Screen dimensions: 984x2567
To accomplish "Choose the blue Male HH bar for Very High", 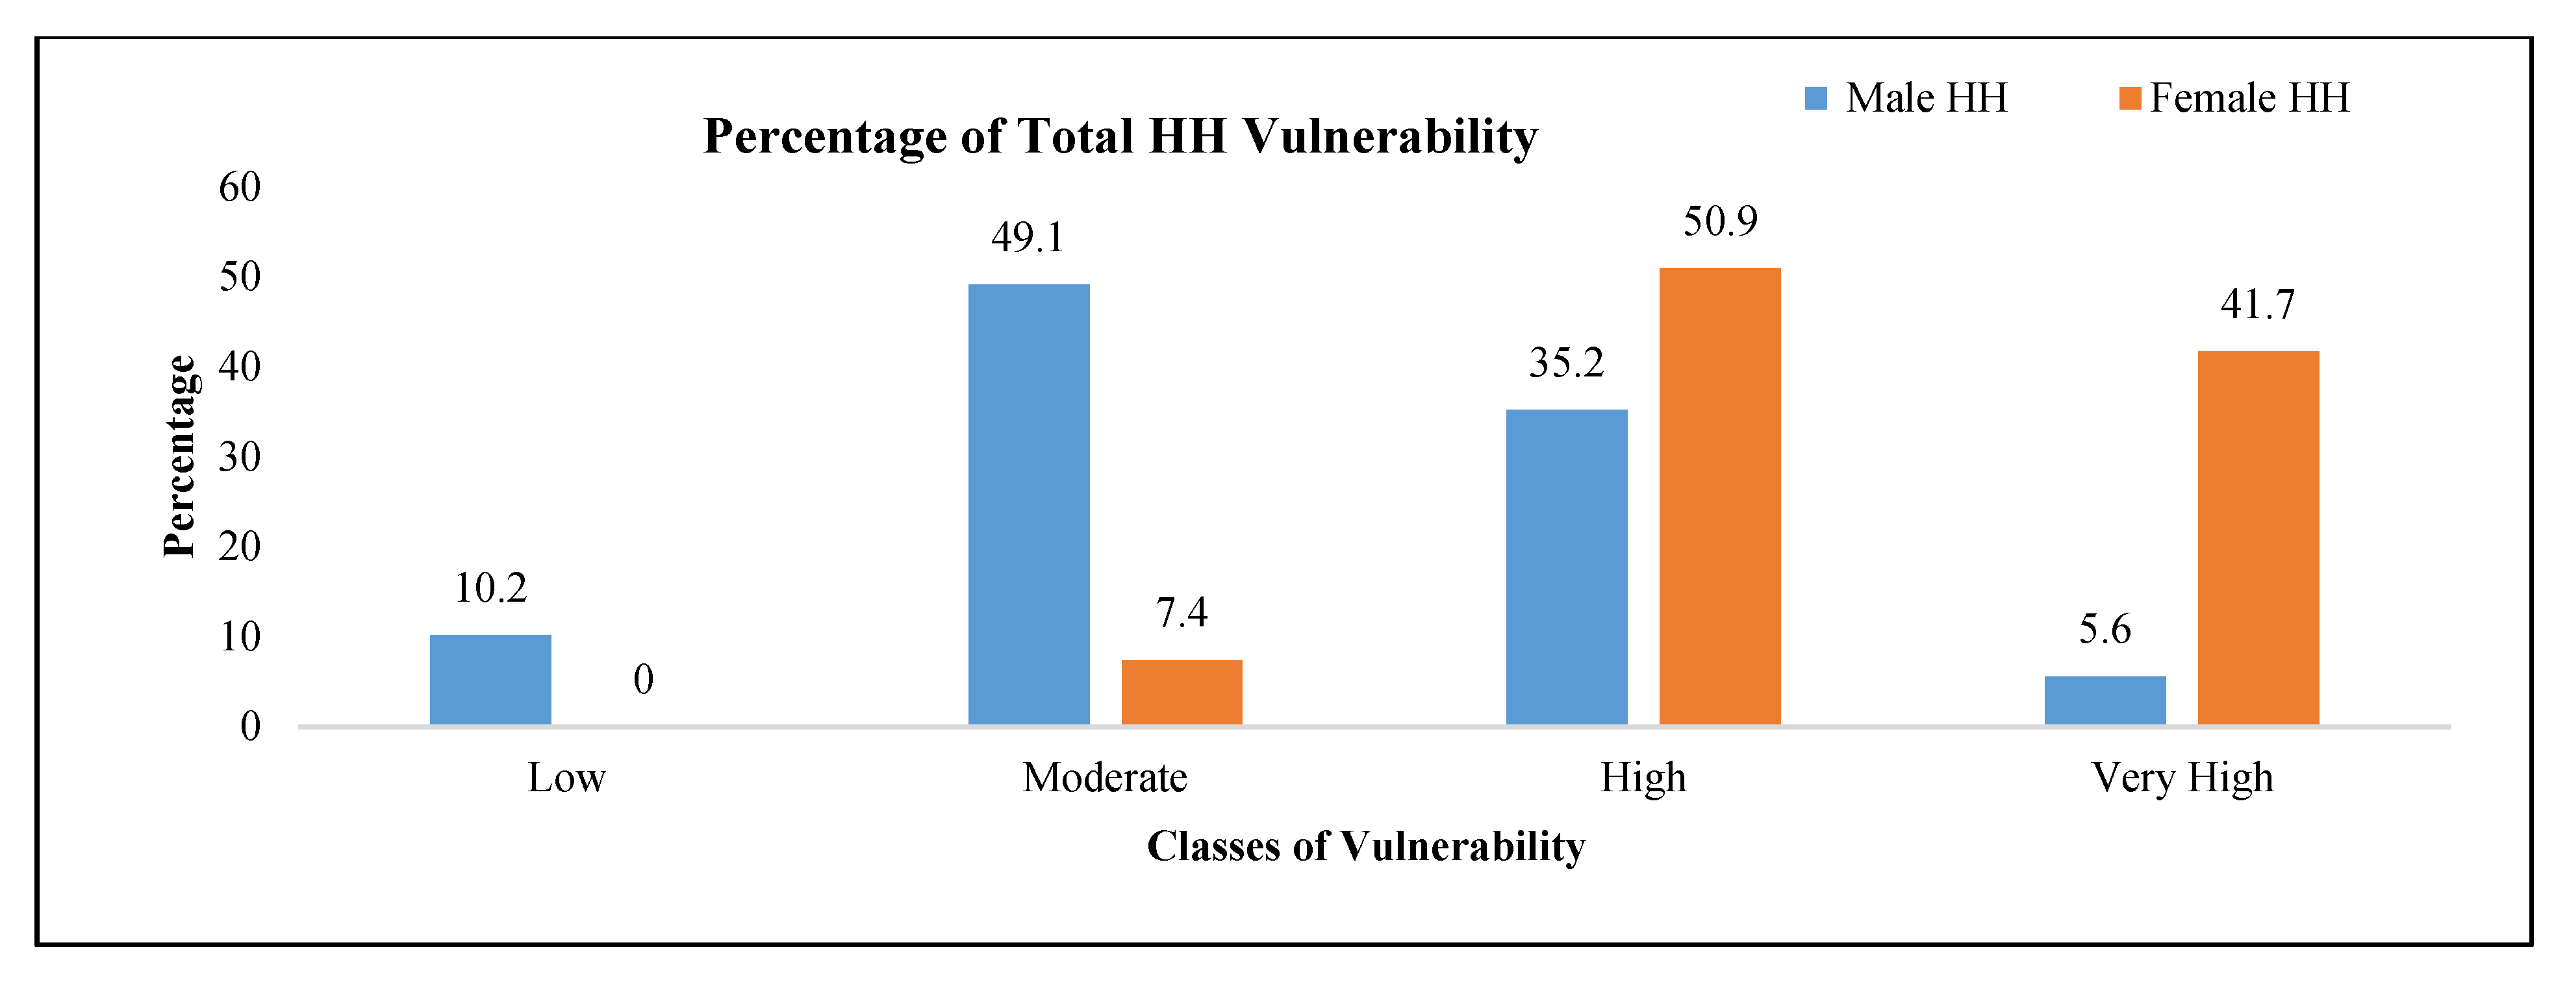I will tap(2105, 700).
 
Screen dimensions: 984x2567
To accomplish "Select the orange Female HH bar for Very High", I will tap(2258, 538).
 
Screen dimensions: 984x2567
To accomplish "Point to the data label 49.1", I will tap(1028, 238).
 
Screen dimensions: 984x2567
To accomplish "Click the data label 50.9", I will tap(1720, 221).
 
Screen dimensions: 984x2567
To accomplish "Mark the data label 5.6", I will tap(2105, 630).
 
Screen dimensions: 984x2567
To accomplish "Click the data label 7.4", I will tap(1182, 613).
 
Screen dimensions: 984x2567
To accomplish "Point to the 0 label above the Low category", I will tap(644, 680).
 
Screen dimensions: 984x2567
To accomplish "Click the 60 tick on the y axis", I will tap(240, 187).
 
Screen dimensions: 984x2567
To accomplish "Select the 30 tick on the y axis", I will tap(240, 457).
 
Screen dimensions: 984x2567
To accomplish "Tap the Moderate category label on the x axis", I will tap(1104, 778).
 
